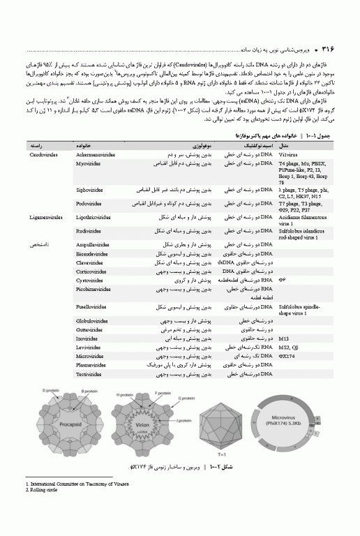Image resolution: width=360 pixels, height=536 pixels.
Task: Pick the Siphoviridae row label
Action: pyautogui.click(x=89, y=189)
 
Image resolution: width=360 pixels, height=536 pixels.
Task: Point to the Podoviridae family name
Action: pyautogui.click(x=89, y=204)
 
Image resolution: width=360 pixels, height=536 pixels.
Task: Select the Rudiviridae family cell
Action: pyautogui.click(x=88, y=230)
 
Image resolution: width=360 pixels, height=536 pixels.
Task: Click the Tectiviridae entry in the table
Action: pyautogui.click(x=89, y=374)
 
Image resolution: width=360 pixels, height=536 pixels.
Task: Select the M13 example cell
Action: pyautogui.click(x=283, y=338)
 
